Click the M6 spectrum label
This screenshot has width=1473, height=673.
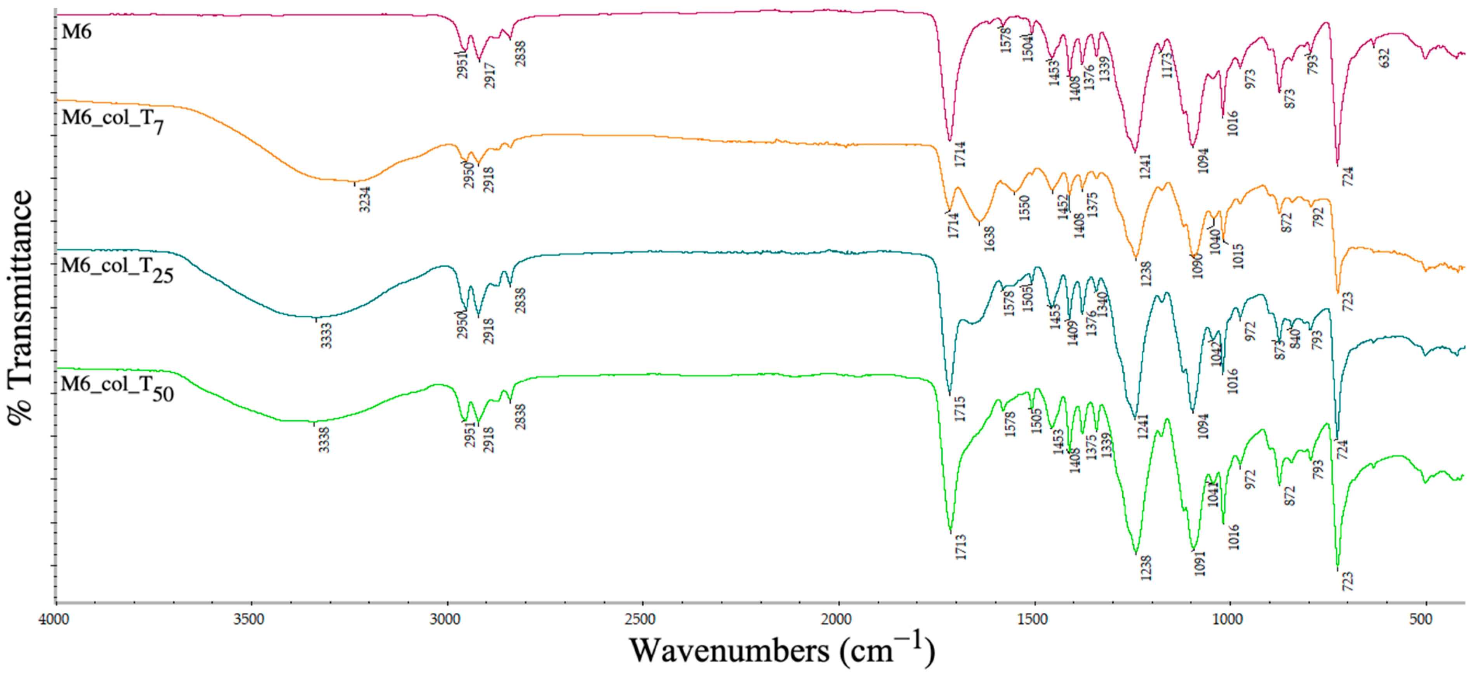pos(76,31)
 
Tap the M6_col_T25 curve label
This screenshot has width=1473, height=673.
pos(117,269)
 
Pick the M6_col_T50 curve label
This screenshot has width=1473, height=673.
pos(117,388)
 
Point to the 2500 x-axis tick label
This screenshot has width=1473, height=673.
pos(640,619)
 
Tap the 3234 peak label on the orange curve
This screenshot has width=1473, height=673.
pos(365,199)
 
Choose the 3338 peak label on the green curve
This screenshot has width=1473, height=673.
pos(324,439)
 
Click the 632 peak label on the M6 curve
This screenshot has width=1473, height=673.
pos(1384,58)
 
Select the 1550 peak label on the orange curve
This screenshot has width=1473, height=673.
pos(1024,208)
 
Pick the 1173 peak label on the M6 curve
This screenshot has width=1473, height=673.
pos(1167,65)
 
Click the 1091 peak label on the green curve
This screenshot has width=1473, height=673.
pos(1200,563)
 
